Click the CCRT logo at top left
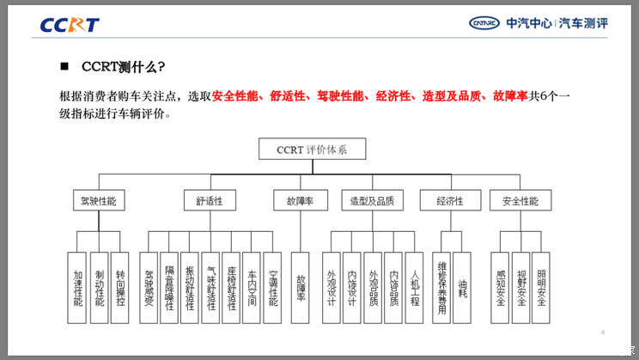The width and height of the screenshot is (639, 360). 70,24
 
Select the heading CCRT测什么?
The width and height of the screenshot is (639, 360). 124,67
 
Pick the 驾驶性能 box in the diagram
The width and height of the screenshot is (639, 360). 97,201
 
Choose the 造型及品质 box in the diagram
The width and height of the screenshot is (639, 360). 372,201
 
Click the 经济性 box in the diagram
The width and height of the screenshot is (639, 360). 450,201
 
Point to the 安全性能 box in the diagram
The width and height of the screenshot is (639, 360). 520,201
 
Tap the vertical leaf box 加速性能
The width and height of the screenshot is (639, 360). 77,289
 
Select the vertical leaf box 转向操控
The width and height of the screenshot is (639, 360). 120,289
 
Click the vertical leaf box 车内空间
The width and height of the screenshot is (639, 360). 251,289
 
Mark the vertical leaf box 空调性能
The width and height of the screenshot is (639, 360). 272,289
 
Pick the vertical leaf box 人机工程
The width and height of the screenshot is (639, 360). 414,289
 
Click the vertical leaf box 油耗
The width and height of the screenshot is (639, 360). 462,289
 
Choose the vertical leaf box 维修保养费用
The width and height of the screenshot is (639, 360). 441,289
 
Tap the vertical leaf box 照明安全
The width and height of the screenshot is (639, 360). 540,289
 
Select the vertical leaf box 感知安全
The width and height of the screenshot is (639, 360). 499,289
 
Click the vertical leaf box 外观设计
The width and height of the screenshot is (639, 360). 332,289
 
